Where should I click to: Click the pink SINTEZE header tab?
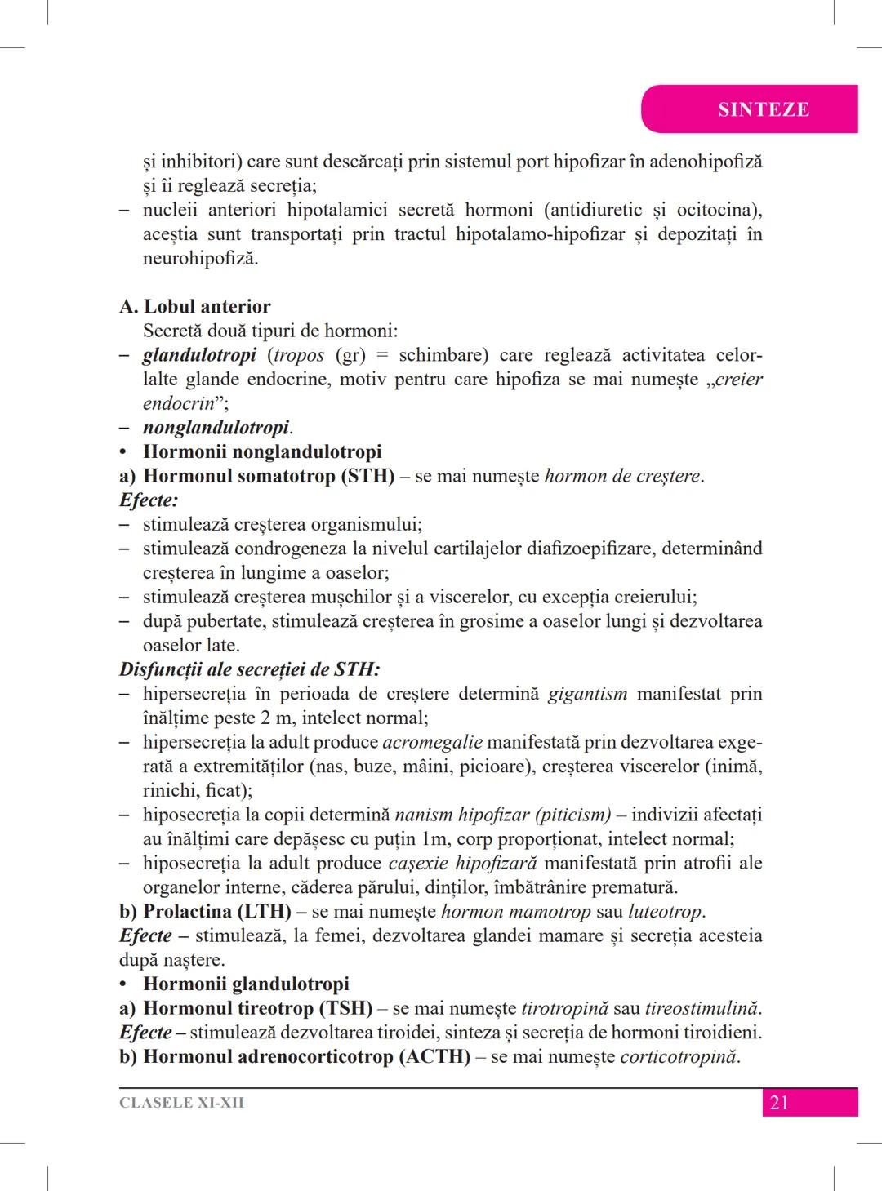[763, 109]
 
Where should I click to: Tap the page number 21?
[779, 1103]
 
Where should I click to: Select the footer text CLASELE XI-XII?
[181, 1103]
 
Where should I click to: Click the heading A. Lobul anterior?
[194, 307]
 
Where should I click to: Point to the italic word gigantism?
[587, 694]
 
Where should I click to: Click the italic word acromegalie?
[432, 743]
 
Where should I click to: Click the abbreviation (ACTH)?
[434, 1057]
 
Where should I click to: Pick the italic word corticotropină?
[679, 1057]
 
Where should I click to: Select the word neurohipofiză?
[200, 259]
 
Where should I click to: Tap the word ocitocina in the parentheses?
[716, 210]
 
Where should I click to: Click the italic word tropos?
[300, 356]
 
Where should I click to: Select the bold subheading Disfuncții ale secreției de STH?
[249, 670]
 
